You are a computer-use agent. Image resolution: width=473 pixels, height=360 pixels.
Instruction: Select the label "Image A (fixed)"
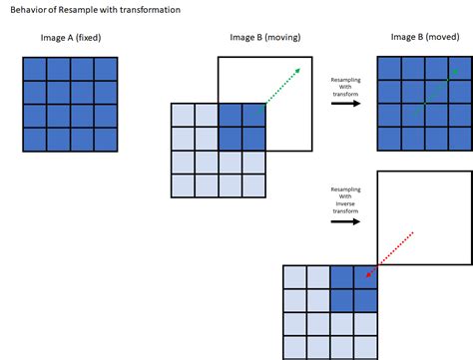68,38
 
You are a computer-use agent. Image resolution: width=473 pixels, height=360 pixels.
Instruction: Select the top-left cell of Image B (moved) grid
388,68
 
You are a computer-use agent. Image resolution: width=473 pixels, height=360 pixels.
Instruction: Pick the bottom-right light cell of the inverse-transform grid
365,347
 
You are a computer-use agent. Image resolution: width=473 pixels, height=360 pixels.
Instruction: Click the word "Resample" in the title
73,10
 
